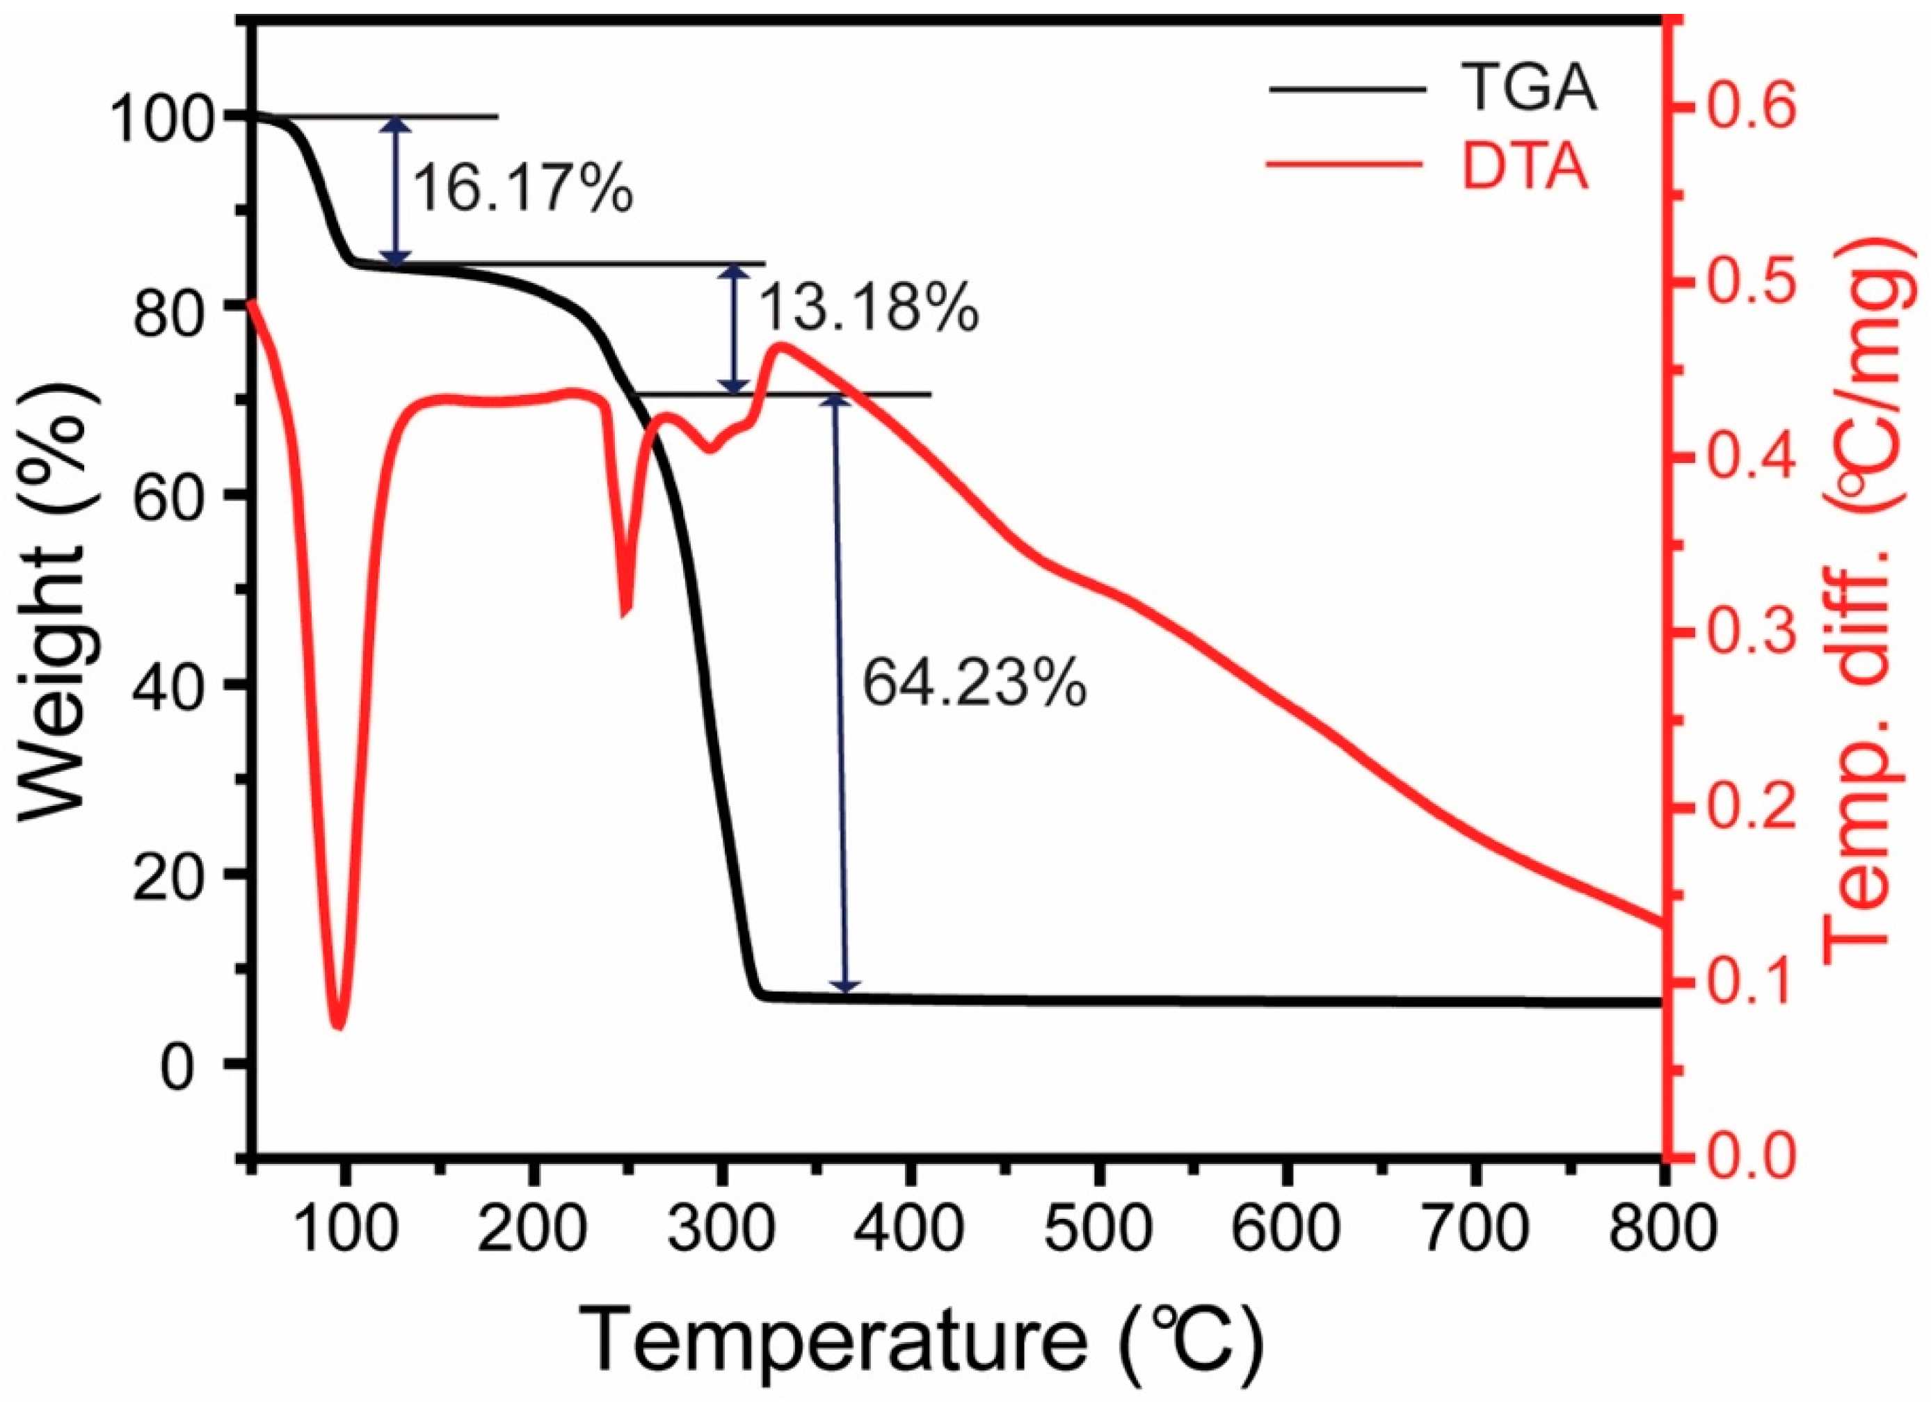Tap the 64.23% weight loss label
click(974, 683)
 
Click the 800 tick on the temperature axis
click(1660, 1231)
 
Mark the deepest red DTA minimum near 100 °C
click(339, 1026)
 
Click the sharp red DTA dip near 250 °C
click(626, 610)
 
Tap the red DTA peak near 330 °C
click(781, 345)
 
